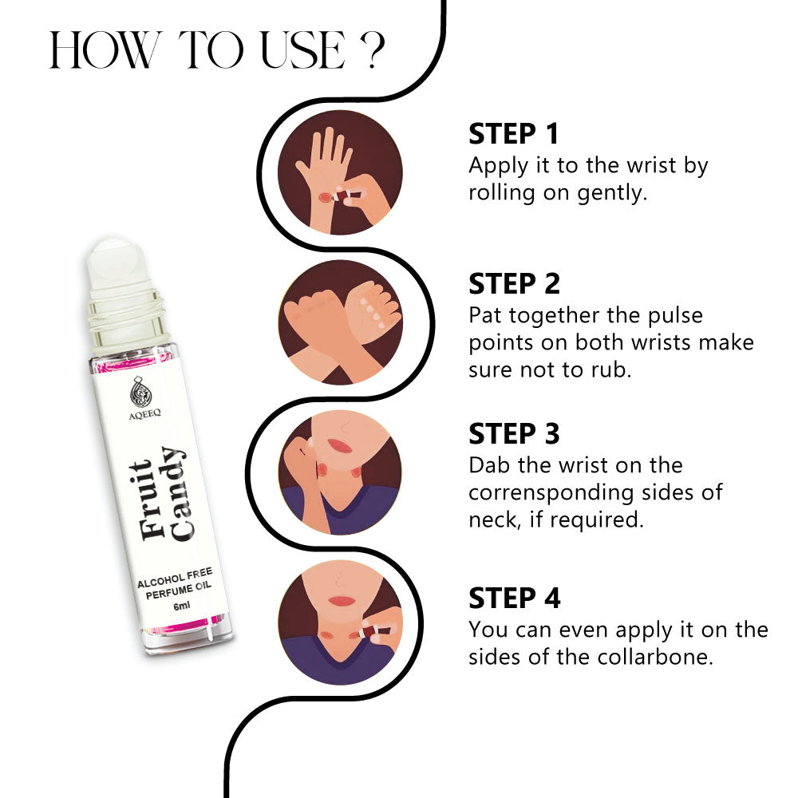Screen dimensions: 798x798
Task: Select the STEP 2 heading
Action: tap(514, 284)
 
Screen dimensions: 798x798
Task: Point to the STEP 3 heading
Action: tap(514, 433)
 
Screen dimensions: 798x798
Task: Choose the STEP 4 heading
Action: tap(515, 598)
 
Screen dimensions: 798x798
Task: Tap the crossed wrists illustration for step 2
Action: tap(340, 323)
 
